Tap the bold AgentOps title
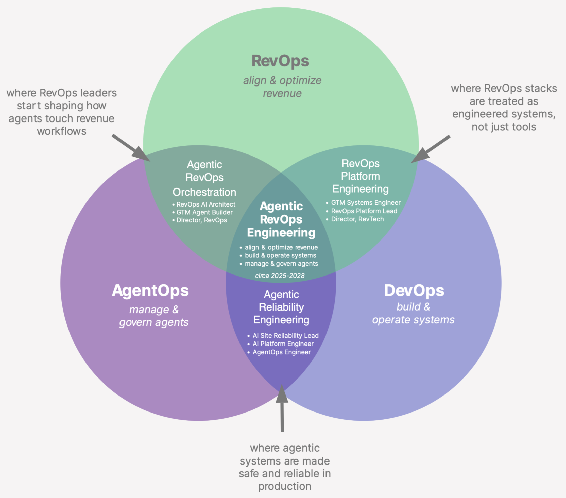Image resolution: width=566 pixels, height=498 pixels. click(x=150, y=291)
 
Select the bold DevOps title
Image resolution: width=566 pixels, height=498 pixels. click(x=414, y=290)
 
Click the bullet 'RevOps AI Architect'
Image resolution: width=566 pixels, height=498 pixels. click(x=206, y=204)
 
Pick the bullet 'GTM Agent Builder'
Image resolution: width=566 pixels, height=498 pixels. click(x=204, y=212)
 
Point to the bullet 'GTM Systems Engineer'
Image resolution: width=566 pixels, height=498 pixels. click(x=366, y=203)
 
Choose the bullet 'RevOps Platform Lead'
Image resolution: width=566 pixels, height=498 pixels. click(x=364, y=211)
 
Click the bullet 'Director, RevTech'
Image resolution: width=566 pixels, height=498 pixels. click(x=357, y=219)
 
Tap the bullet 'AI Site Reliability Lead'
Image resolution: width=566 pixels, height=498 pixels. click(x=285, y=336)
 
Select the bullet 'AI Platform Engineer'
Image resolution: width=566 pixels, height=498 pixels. click(x=283, y=344)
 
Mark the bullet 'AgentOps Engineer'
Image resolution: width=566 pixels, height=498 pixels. click(x=281, y=352)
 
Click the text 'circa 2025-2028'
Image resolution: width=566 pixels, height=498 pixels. click(x=280, y=276)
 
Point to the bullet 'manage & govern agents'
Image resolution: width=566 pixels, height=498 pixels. click(x=281, y=264)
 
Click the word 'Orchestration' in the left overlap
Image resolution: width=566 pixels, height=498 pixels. click(x=204, y=192)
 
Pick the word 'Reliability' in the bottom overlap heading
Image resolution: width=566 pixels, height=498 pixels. click(x=281, y=307)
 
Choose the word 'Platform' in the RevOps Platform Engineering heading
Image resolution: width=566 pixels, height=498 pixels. click(x=360, y=176)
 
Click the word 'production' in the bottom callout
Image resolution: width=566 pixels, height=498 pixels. click(x=285, y=486)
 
